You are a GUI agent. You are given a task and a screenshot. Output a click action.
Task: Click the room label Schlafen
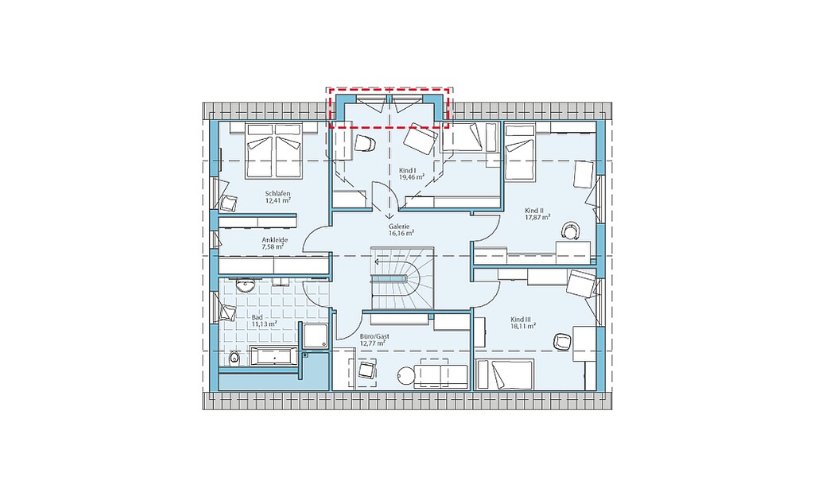click(277, 193)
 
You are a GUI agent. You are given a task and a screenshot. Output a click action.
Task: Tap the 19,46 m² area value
click(411, 177)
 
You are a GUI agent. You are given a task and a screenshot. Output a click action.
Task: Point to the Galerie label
click(399, 227)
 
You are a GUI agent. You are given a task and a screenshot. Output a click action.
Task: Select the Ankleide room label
click(274, 240)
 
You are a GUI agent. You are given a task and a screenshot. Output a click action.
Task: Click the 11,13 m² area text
click(264, 324)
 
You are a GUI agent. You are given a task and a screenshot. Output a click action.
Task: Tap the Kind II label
click(533, 211)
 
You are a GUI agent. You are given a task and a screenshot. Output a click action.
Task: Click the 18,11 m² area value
click(523, 327)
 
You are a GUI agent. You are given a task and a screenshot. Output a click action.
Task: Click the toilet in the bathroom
click(233, 358)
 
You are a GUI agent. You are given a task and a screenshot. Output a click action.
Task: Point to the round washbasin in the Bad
click(243, 285)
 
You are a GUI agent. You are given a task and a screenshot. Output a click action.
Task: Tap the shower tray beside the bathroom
click(315, 335)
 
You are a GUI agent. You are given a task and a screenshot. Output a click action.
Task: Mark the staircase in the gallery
click(401, 278)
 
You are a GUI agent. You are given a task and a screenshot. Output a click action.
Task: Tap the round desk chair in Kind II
click(571, 230)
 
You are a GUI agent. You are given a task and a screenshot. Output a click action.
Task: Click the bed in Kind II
click(519, 152)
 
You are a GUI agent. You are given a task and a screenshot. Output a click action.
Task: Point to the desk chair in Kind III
click(561, 341)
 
